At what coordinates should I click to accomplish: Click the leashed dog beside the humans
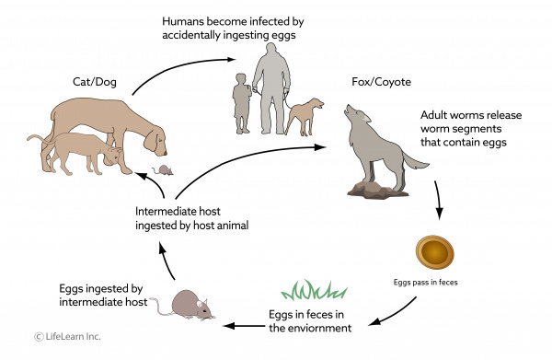point(304,114)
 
